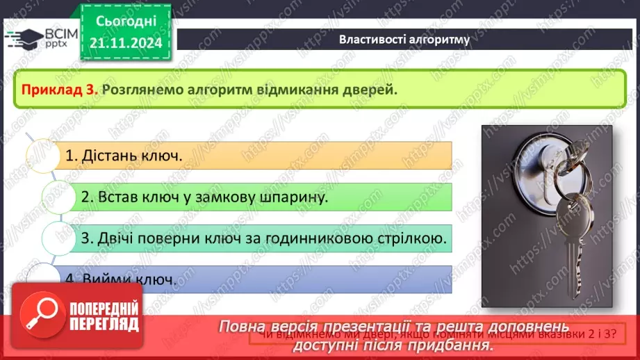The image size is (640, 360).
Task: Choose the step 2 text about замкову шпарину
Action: (205, 197)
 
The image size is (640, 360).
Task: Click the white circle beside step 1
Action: (41, 156)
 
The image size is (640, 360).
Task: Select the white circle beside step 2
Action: (58, 197)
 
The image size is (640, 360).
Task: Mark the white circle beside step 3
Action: (58, 238)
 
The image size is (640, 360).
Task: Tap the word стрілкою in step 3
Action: (414, 238)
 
